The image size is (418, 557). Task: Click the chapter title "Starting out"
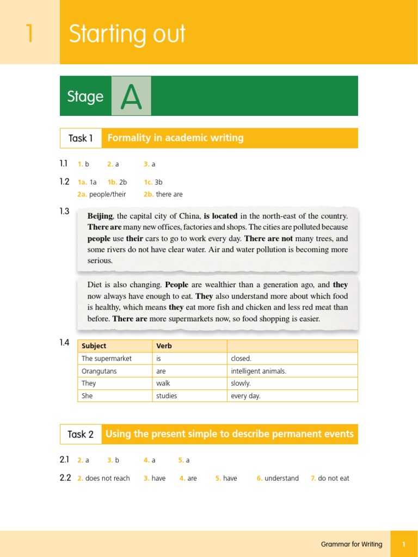click(x=127, y=34)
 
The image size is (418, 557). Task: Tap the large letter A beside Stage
click(x=131, y=96)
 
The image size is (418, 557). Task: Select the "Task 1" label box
click(x=81, y=138)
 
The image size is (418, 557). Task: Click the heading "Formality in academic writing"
click(x=175, y=138)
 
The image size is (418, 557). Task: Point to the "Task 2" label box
click(x=81, y=434)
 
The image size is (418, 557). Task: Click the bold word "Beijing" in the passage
click(x=100, y=216)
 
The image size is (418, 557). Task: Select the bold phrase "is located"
click(x=220, y=216)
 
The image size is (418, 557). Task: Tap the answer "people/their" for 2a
click(x=107, y=194)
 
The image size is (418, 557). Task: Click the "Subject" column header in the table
click(x=94, y=346)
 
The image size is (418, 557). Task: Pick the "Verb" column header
click(x=164, y=346)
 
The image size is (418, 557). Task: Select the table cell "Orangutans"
click(x=99, y=371)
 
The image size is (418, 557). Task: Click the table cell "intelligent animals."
click(x=259, y=371)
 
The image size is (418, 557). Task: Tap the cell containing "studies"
click(x=167, y=396)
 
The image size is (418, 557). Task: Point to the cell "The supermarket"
click(x=107, y=358)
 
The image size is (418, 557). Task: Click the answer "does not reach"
click(x=108, y=478)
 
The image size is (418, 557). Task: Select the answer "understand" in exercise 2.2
click(x=281, y=478)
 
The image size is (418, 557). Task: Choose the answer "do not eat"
click(x=334, y=478)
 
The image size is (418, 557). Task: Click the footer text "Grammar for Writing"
click(x=352, y=544)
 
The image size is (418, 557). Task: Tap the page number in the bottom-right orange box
click(x=404, y=544)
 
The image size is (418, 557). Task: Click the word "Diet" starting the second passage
click(x=95, y=284)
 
